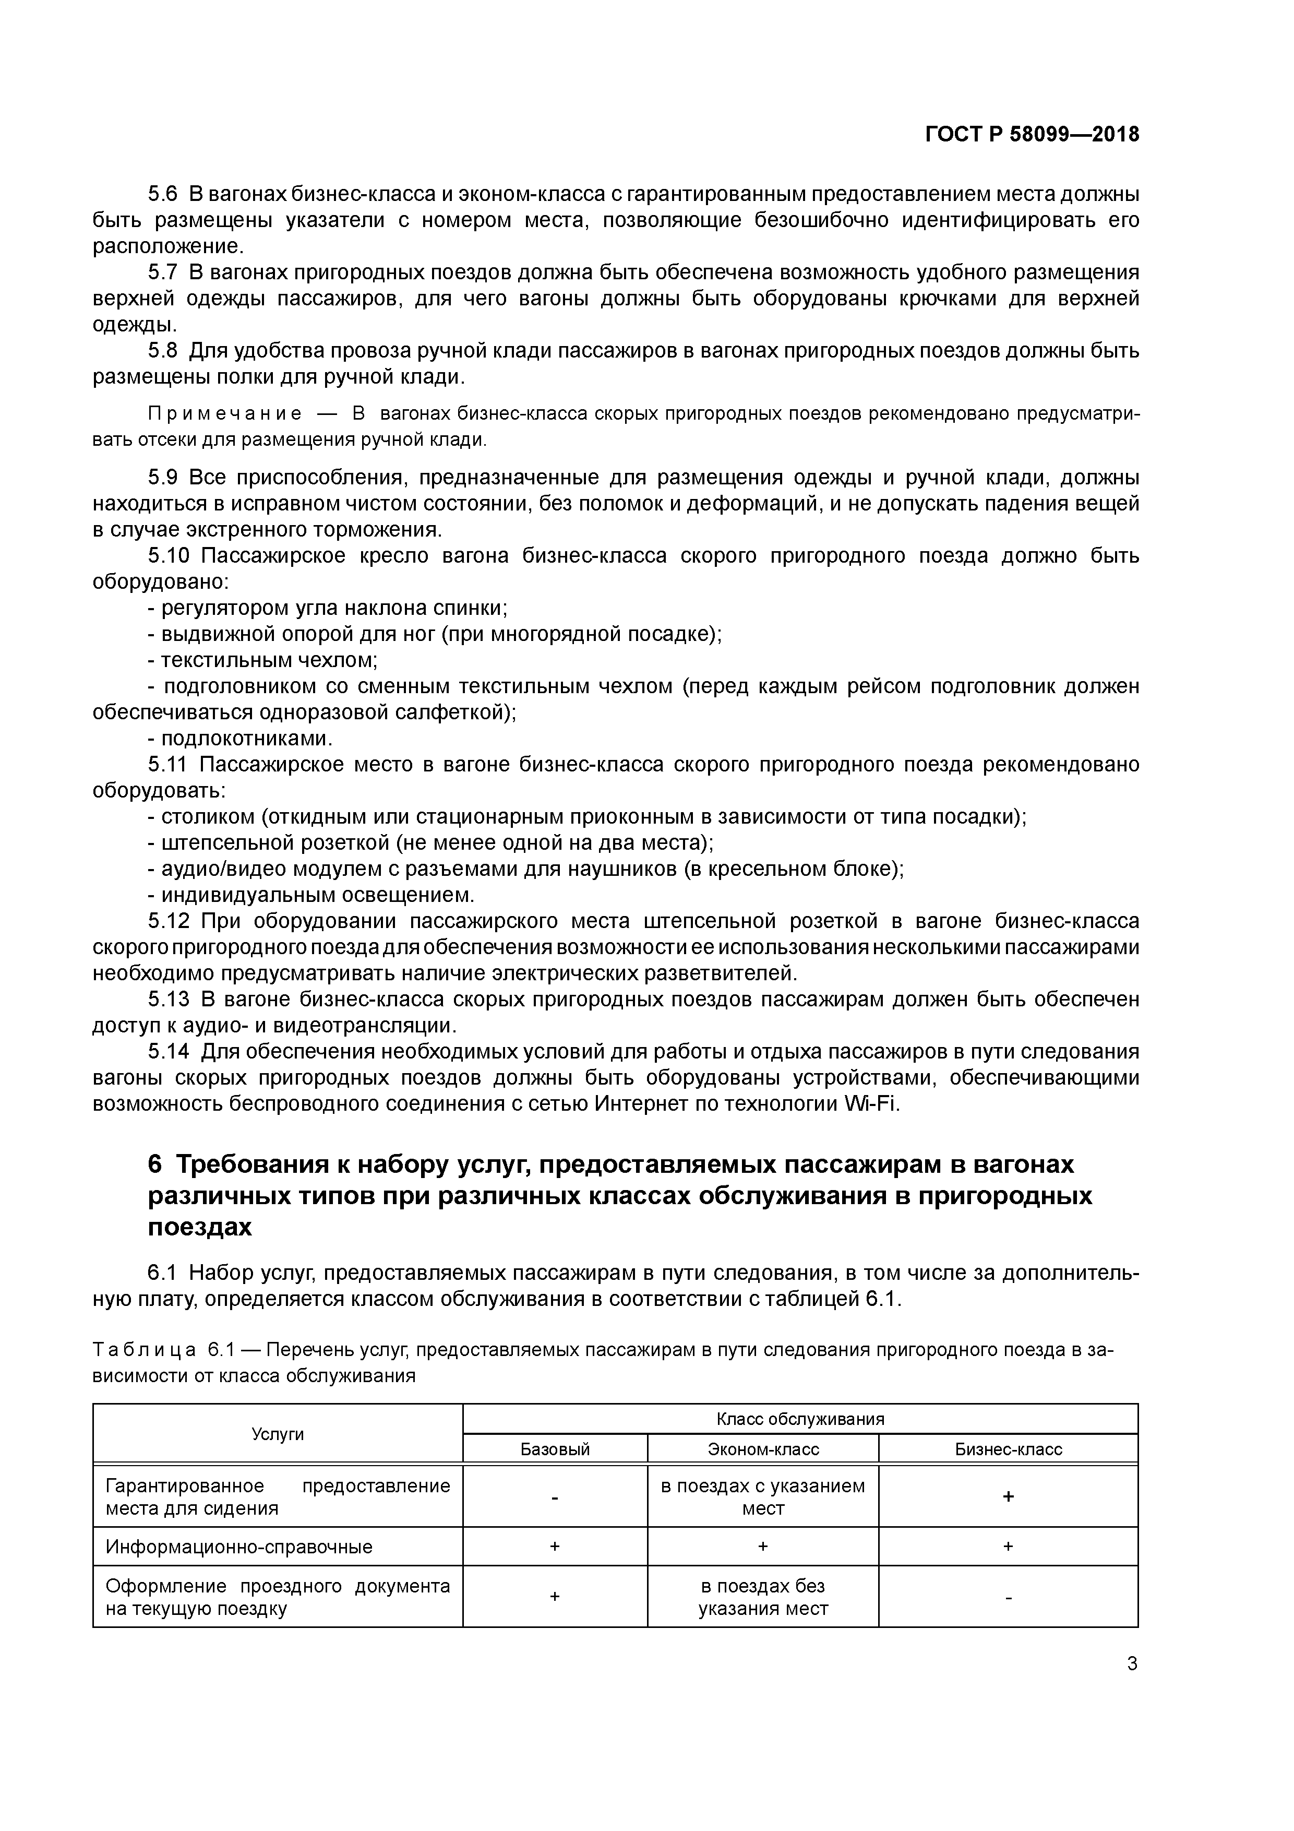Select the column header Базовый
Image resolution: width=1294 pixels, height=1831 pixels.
tap(555, 1449)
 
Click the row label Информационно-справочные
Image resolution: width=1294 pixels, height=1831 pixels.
tap(238, 1547)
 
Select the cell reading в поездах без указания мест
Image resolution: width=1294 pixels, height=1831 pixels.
tap(763, 1597)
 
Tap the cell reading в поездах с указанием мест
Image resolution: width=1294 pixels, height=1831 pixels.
tap(763, 1497)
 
